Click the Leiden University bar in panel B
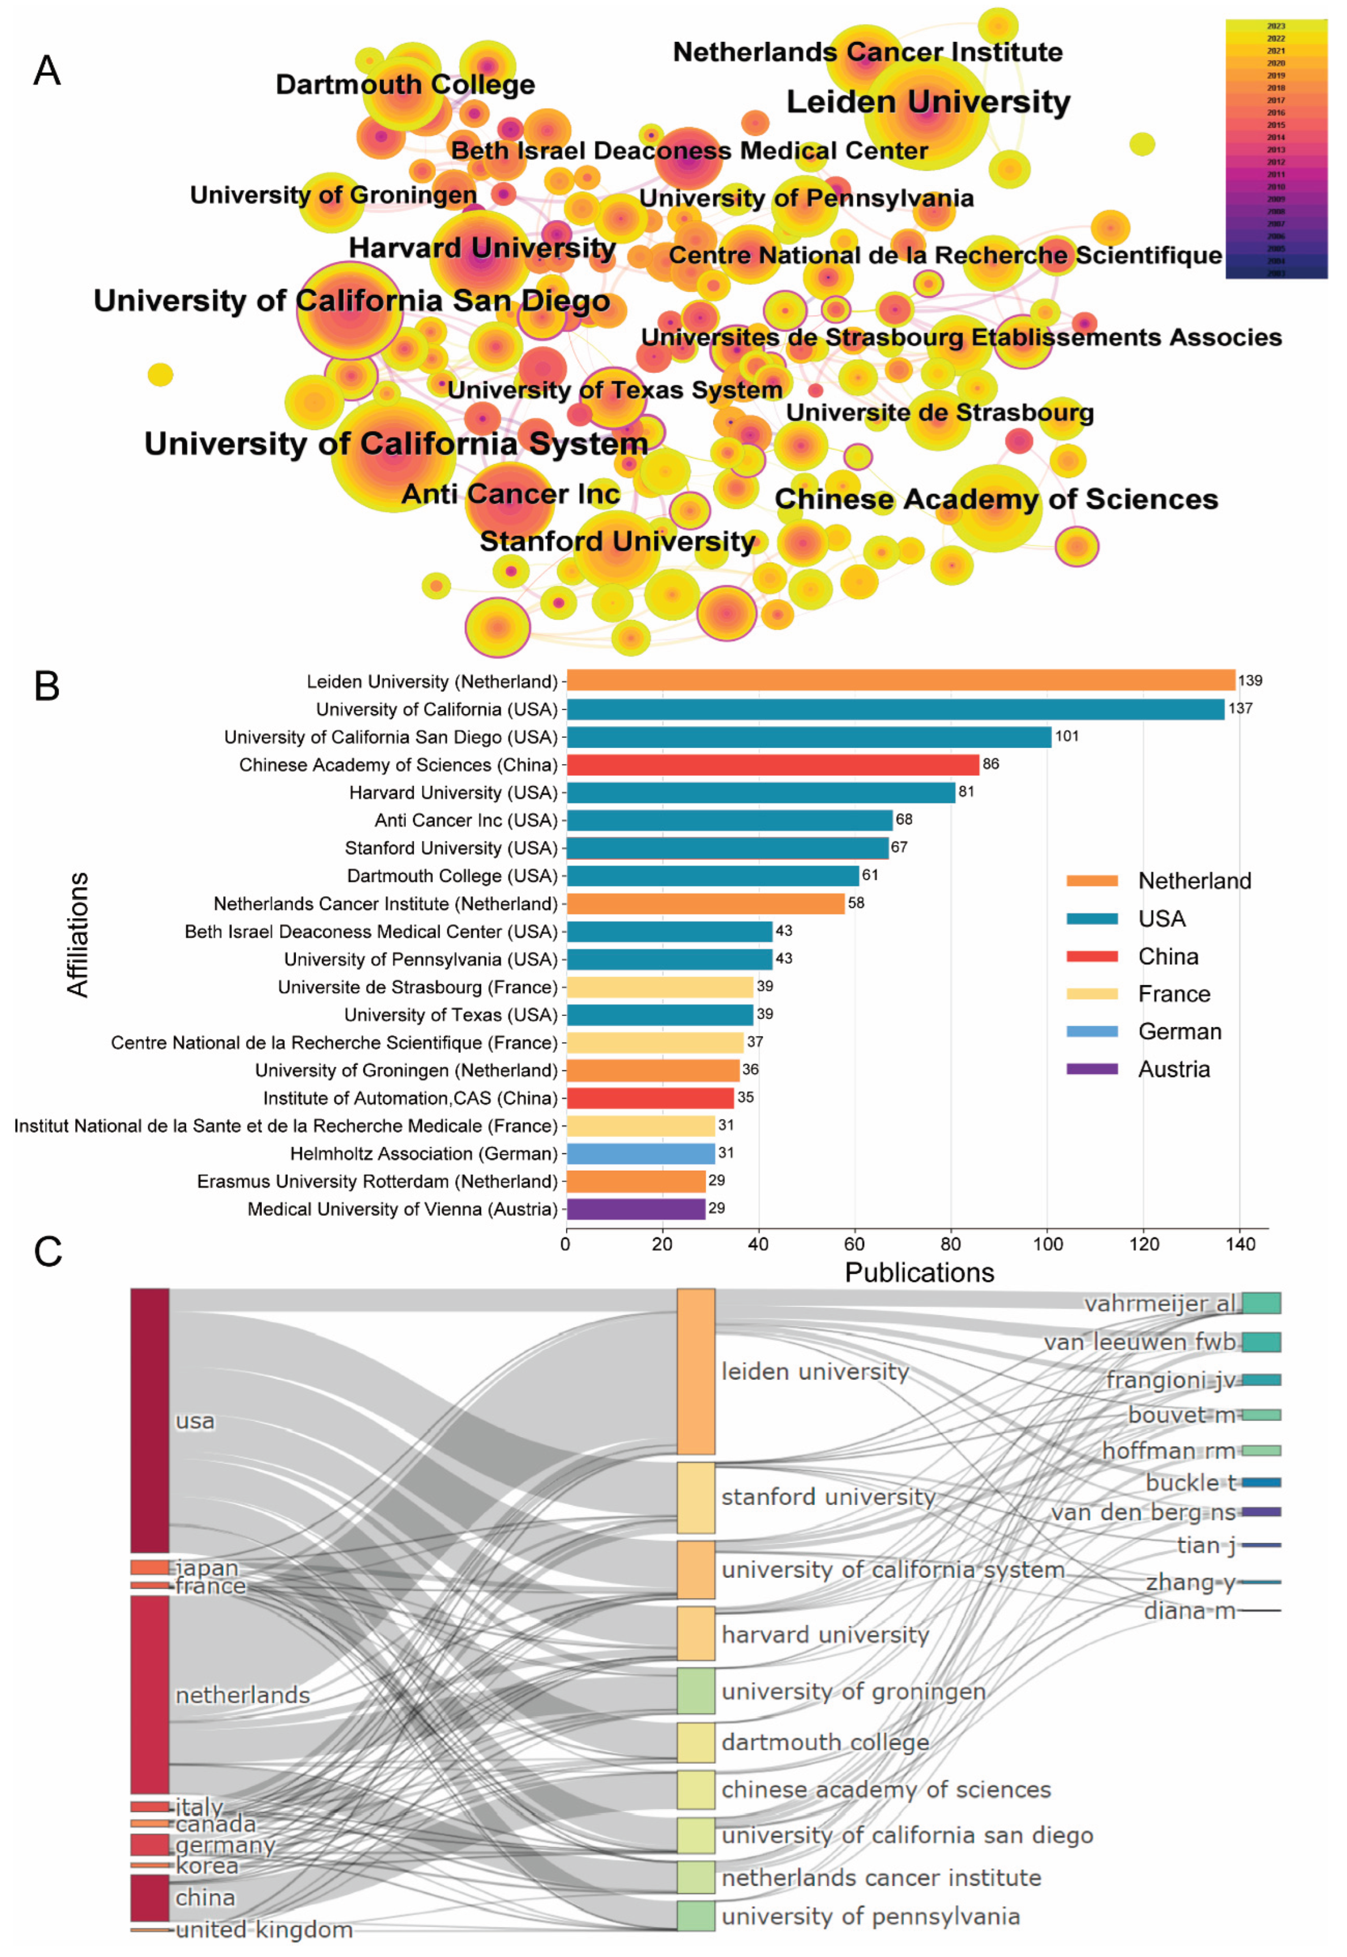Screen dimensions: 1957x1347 pos(900,680)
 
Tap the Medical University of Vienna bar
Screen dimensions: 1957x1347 pos(636,1208)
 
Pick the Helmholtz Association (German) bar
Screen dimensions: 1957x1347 pos(641,1153)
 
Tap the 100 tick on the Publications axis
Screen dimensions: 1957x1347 pos(1047,1244)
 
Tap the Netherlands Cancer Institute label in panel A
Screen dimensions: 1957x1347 pos(867,53)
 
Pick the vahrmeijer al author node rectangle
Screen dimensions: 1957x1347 pos(1261,1303)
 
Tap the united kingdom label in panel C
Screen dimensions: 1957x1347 pos(264,1930)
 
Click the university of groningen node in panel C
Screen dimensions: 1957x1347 pos(696,1691)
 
